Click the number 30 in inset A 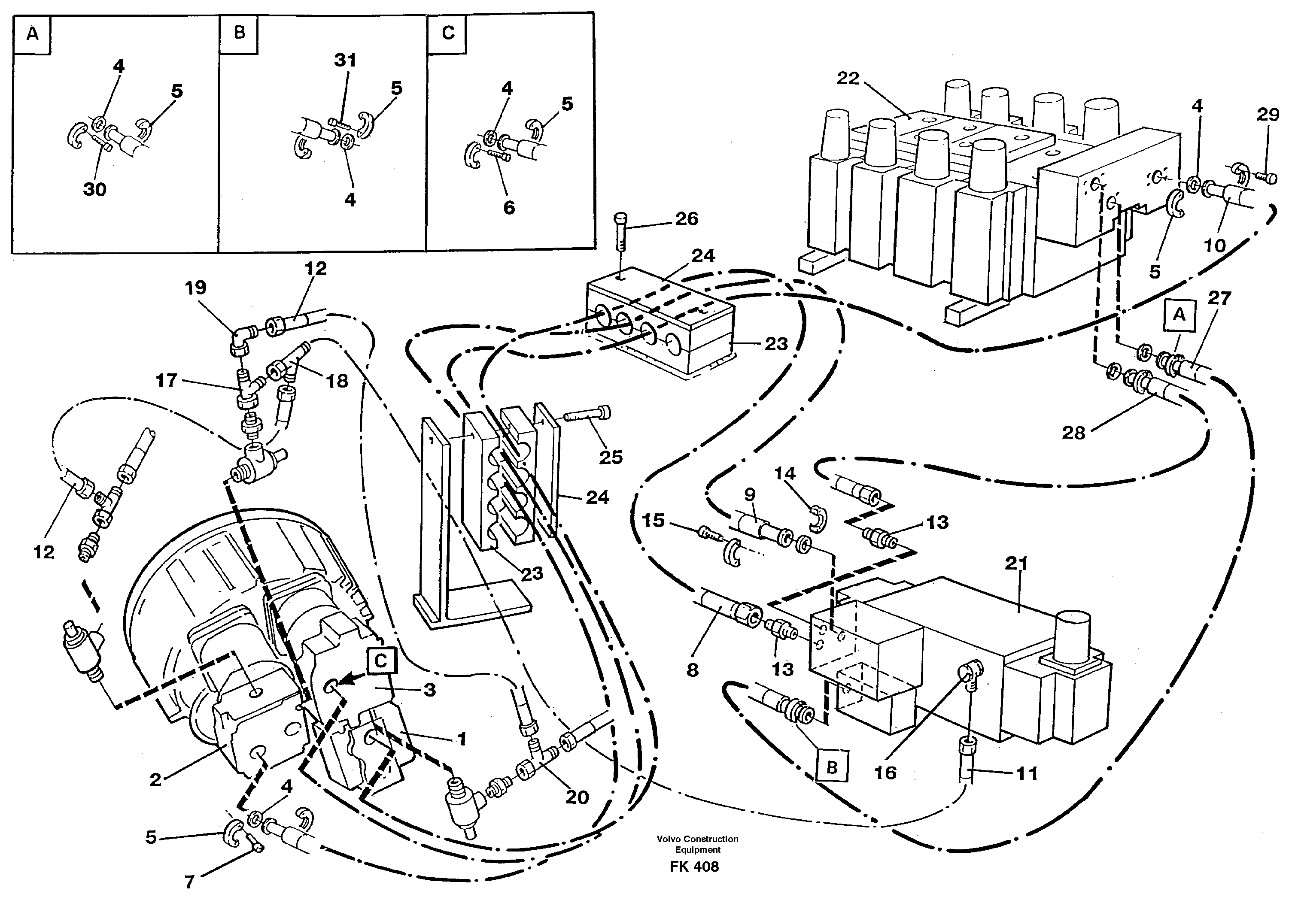(x=95, y=189)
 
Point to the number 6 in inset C (x=509, y=208)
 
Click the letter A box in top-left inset (x=33, y=34)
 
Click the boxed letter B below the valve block (x=832, y=767)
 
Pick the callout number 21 (x=1016, y=563)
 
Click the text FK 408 (x=694, y=867)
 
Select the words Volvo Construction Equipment (x=698, y=844)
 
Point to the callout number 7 (x=189, y=882)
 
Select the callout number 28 (x=1073, y=433)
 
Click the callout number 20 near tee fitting (x=576, y=797)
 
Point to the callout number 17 (x=167, y=381)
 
